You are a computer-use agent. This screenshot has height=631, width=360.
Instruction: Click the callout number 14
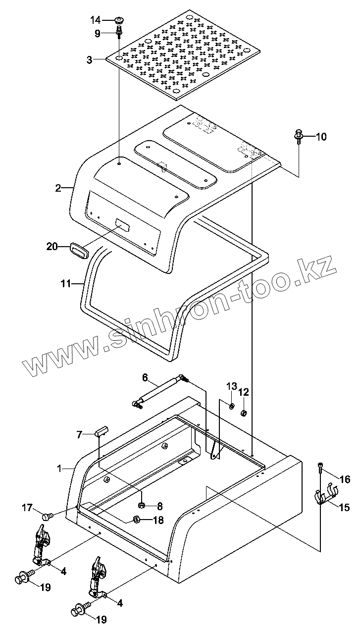coord(95,20)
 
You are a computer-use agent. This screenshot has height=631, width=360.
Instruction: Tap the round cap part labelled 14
coord(118,20)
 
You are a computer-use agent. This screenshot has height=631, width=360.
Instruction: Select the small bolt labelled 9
coord(119,33)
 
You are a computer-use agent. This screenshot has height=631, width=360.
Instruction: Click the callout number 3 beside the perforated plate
coord(89,60)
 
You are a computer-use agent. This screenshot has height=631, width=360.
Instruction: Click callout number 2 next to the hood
coord(58,188)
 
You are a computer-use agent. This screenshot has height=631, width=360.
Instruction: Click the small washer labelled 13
coord(231,406)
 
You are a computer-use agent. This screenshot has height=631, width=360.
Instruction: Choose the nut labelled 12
coord(244,413)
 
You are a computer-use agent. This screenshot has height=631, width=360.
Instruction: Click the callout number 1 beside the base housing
coord(59,468)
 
